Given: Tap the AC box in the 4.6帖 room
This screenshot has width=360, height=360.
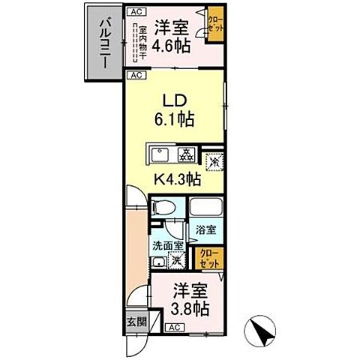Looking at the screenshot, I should click(x=136, y=12).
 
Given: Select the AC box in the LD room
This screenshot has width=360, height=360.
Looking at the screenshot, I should click(x=136, y=76).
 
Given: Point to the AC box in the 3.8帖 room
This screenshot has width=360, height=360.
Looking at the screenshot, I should click(x=173, y=327).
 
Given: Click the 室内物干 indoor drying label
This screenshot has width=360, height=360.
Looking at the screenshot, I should click(x=137, y=41).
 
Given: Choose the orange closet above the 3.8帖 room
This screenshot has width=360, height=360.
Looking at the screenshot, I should click(x=208, y=259).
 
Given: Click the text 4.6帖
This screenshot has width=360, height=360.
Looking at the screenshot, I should click(x=172, y=44).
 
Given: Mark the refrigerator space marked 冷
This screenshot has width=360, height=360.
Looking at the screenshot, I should click(x=212, y=160).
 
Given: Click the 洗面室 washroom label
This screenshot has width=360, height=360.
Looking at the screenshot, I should click(x=167, y=244).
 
